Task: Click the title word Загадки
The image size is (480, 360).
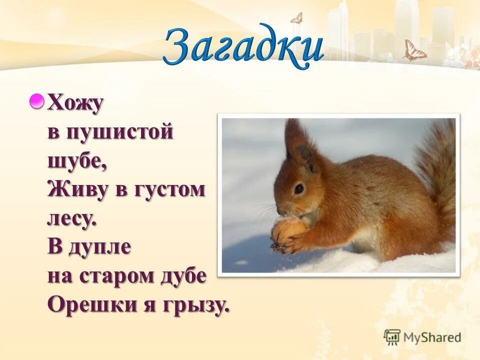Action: click(243, 46)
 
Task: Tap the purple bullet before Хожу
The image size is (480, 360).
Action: click(36, 102)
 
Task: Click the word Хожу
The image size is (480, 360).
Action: click(75, 104)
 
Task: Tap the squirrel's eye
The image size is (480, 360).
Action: click(298, 188)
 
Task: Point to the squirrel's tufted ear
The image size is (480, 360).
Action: click(295, 137)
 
